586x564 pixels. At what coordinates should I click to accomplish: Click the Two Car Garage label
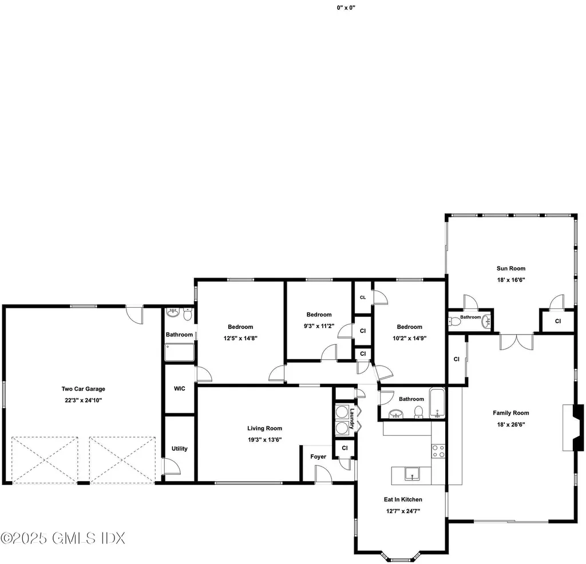tap(83, 389)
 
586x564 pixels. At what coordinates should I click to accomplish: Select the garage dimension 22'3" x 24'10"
tap(83, 400)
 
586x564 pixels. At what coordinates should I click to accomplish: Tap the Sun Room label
tap(510, 268)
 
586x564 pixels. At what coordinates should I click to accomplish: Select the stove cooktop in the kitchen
tap(438, 451)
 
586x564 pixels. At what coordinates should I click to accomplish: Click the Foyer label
tap(318, 456)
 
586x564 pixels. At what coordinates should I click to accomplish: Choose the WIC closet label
tap(179, 388)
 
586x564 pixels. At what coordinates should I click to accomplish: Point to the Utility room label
tap(179, 448)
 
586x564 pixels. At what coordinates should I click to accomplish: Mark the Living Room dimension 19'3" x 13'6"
tap(264, 439)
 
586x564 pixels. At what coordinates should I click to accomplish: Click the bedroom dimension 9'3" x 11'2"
tap(319, 325)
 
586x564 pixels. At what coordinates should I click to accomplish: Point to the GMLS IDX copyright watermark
tap(63, 538)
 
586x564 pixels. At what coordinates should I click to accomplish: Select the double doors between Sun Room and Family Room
tap(516, 341)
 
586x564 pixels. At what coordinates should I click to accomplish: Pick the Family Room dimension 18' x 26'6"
tap(510, 424)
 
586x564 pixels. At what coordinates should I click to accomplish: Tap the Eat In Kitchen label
tap(403, 499)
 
